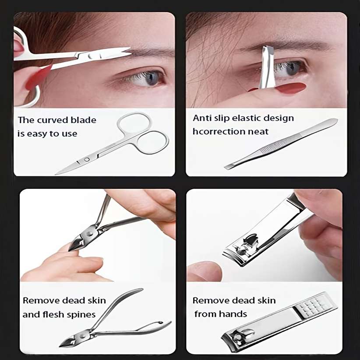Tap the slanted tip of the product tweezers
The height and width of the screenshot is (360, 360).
[230, 166]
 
